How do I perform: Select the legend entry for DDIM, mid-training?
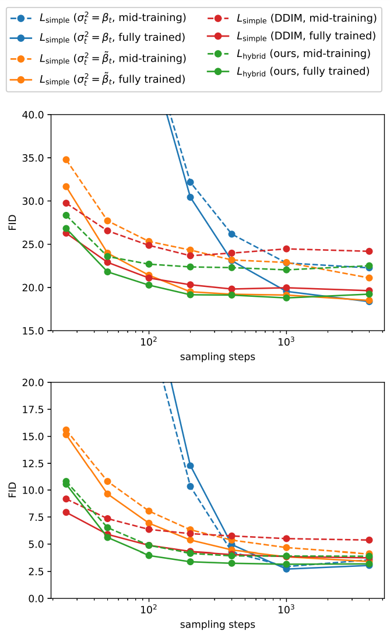pyautogui.click(x=292, y=18)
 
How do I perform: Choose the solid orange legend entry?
pyautogui.click(x=98, y=79)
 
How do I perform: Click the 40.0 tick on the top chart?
pyautogui.click(x=33, y=115)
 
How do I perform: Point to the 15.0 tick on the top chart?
pyautogui.click(x=33, y=331)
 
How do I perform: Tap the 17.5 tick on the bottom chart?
pyautogui.click(x=33, y=409)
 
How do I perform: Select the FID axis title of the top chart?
pyautogui.click(x=13, y=223)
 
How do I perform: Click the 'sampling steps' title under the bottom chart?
pyautogui.click(x=217, y=625)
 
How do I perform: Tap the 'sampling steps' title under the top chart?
pyautogui.click(x=217, y=357)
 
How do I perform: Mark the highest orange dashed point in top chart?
pyautogui.click(x=66, y=160)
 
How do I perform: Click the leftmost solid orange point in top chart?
pyautogui.click(x=66, y=187)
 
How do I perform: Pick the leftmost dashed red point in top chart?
pyautogui.click(x=66, y=203)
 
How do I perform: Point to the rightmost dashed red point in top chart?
pyautogui.click(x=369, y=251)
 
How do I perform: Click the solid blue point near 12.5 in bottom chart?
pyautogui.click(x=190, y=466)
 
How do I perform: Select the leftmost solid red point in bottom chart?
pyautogui.click(x=66, y=513)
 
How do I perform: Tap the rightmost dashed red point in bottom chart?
pyautogui.click(x=369, y=540)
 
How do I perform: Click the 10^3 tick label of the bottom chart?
pyautogui.click(x=286, y=609)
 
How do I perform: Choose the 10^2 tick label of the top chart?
pyautogui.click(x=149, y=342)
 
